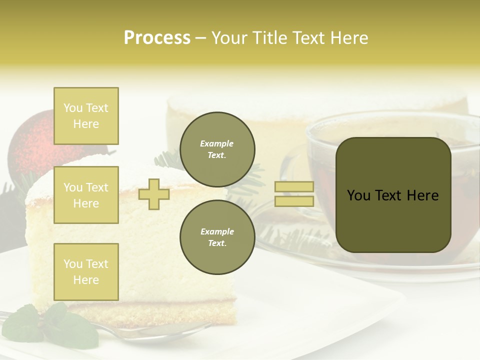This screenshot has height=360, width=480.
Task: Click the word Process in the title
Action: (x=157, y=37)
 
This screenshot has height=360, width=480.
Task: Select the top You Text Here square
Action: (x=86, y=116)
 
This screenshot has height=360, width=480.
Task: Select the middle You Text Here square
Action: (x=86, y=195)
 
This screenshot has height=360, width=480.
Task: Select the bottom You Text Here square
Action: (x=86, y=271)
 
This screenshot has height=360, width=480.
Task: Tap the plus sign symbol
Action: (x=154, y=194)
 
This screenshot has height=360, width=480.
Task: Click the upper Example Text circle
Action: (x=217, y=149)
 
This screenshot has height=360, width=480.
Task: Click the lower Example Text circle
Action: (x=217, y=237)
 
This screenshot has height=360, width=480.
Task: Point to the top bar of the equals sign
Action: (x=294, y=186)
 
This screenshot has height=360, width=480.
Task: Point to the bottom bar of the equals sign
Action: (x=294, y=201)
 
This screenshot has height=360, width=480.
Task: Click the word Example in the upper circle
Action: (x=217, y=143)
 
